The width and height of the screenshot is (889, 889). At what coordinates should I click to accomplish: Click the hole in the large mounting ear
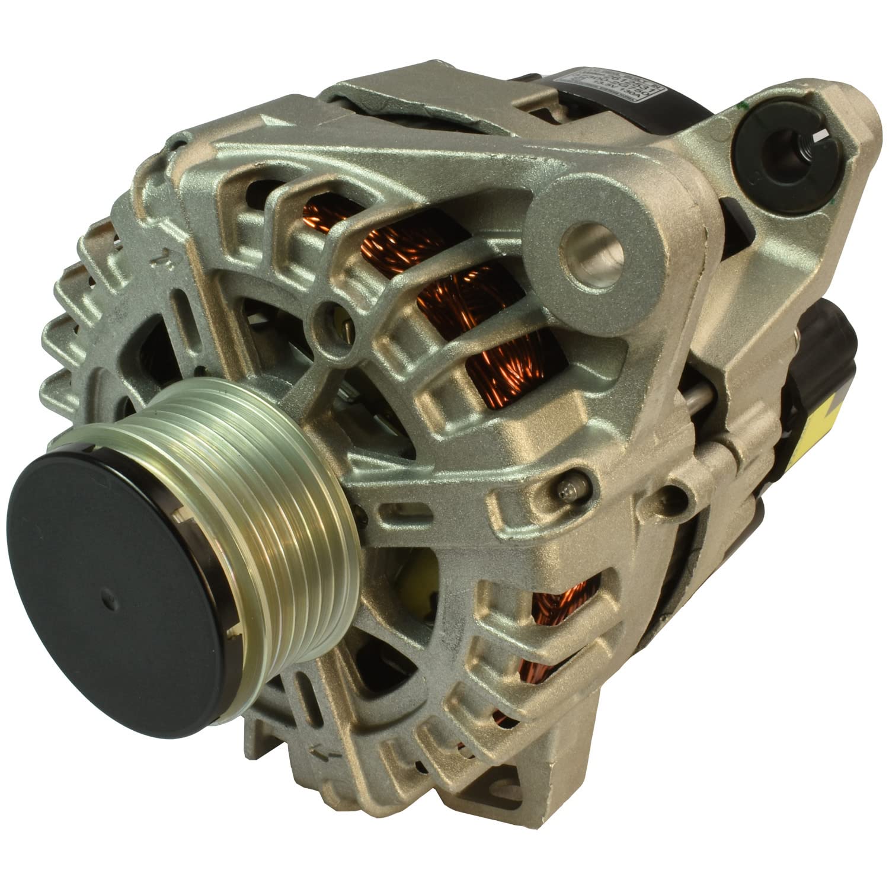point(587,237)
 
